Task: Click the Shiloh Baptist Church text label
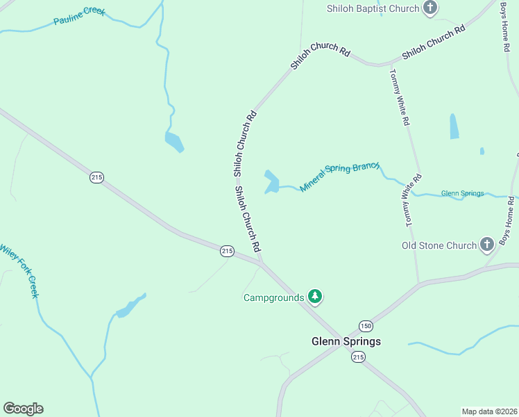point(373,8)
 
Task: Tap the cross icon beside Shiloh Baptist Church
point(431,8)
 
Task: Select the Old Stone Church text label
point(439,245)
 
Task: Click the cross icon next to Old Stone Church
point(487,245)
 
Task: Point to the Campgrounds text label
point(273,297)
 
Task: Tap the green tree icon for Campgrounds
point(315,297)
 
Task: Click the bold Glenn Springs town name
point(346,341)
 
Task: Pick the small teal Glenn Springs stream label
point(462,193)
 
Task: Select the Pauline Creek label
point(79,16)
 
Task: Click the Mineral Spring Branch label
point(340,177)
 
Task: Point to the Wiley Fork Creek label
point(19,270)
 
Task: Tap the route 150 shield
point(366,326)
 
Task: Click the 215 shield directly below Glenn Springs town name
point(357,357)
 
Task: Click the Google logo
point(23,409)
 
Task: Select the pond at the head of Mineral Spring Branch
point(271,182)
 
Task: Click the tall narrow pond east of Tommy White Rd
point(454,126)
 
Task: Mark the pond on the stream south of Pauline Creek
point(174,141)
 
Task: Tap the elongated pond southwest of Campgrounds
point(130,306)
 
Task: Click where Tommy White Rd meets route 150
point(418,283)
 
